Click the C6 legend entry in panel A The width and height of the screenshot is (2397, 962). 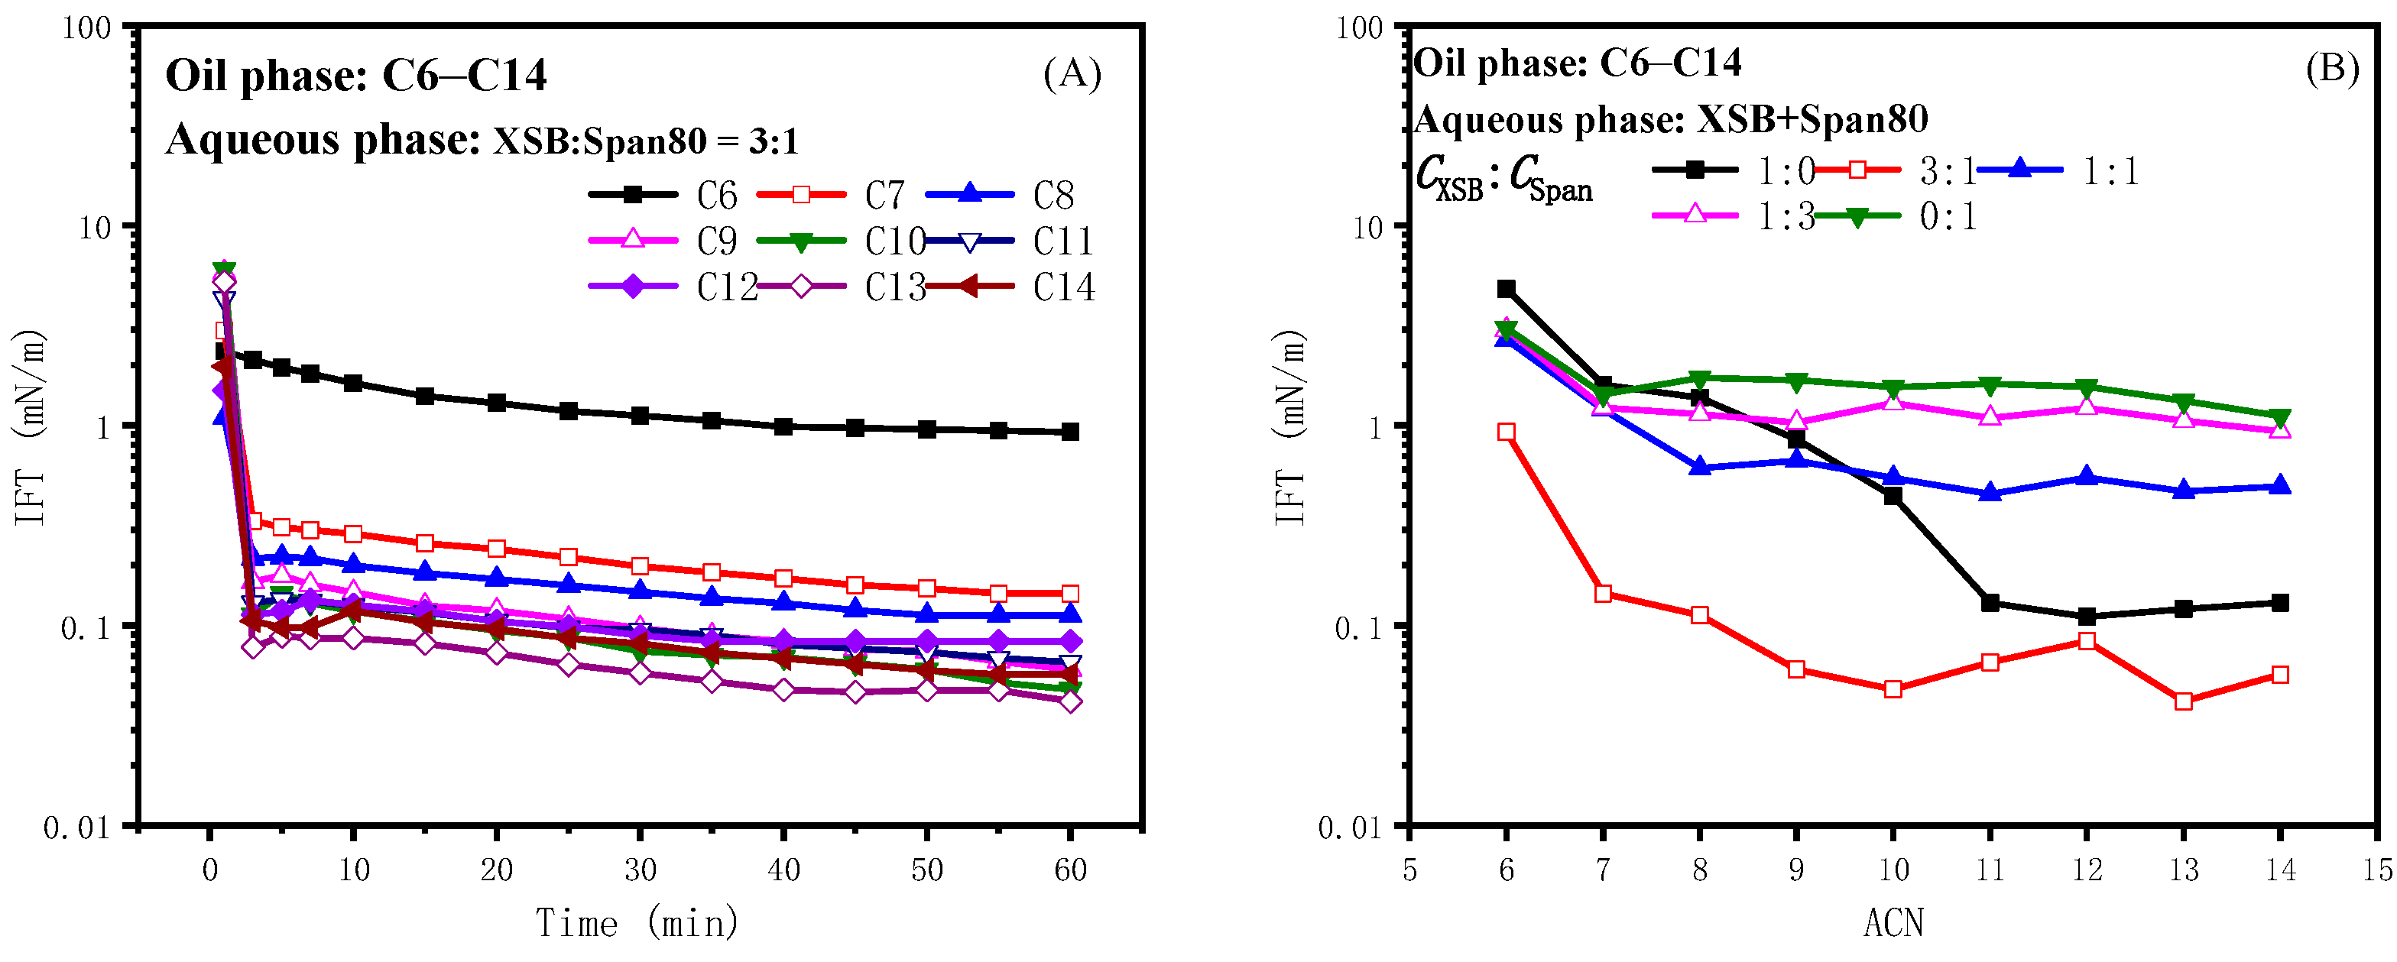tap(663, 196)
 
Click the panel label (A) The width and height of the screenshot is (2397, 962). tap(1072, 73)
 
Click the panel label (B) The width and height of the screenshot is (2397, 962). tap(2332, 69)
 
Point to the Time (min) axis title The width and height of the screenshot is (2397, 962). tap(637, 923)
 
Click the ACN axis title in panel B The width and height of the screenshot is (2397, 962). tap(1893, 923)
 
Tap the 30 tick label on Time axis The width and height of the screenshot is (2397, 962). tap(641, 870)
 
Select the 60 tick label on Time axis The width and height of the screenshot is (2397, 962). tap(1070, 870)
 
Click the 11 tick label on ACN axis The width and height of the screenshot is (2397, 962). tap(1990, 870)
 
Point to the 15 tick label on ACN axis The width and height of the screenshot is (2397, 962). tap(2376, 870)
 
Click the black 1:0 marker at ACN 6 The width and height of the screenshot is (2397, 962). tap(1507, 290)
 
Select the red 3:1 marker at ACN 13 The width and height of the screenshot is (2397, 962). tap(2184, 701)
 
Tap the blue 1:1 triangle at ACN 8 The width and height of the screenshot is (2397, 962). tap(1700, 467)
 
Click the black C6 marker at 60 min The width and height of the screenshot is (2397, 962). tap(1070, 432)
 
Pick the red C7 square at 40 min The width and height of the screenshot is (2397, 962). tap(783, 578)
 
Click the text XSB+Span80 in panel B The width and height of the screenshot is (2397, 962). tap(1812, 120)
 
